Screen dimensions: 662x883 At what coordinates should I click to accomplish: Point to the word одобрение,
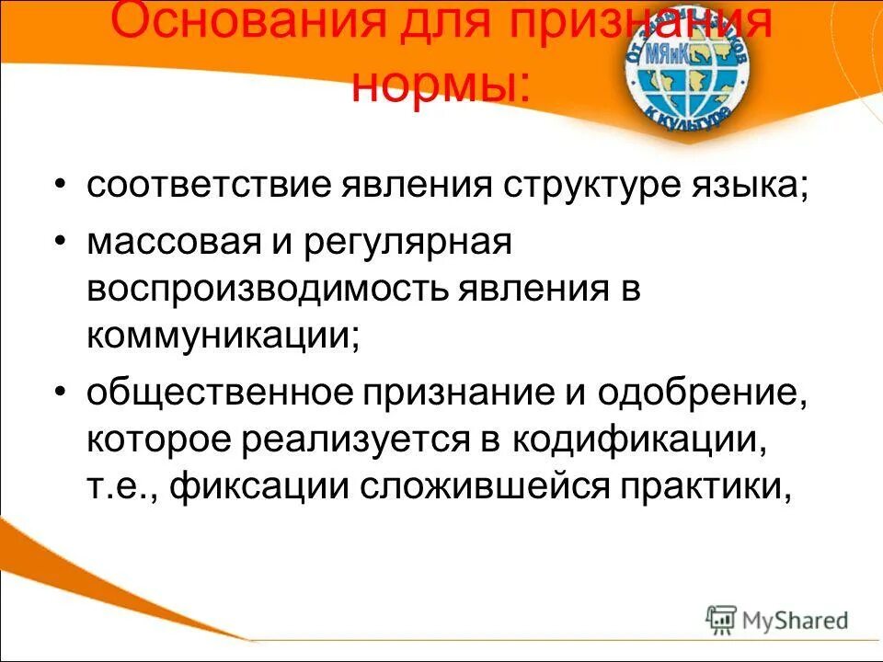703,394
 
